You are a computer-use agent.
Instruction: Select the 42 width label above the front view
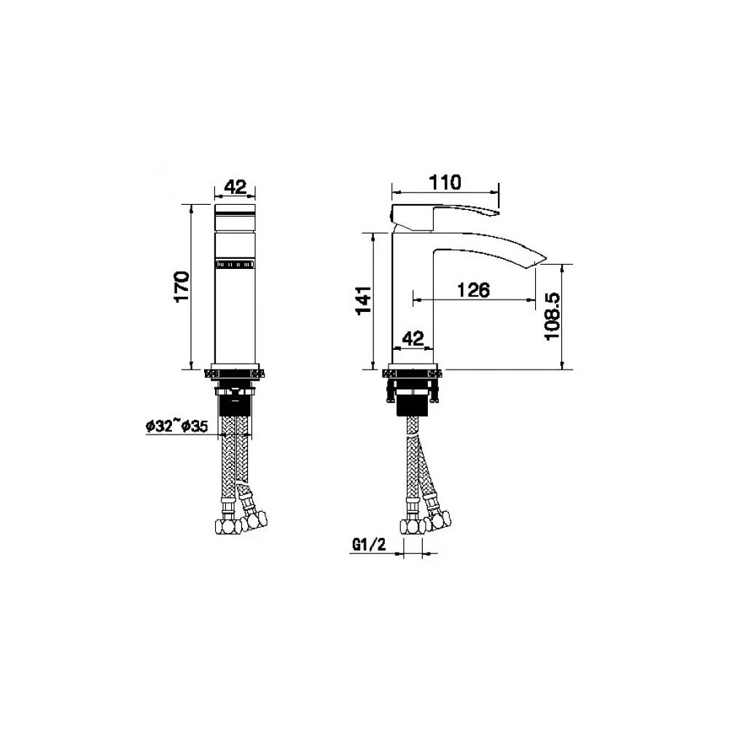point(234,187)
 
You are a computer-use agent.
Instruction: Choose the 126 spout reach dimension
point(473,289)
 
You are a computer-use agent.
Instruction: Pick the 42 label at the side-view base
point(413,338)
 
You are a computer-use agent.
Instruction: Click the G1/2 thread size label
point(369,544)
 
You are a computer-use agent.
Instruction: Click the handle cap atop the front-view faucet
point(234,216)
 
